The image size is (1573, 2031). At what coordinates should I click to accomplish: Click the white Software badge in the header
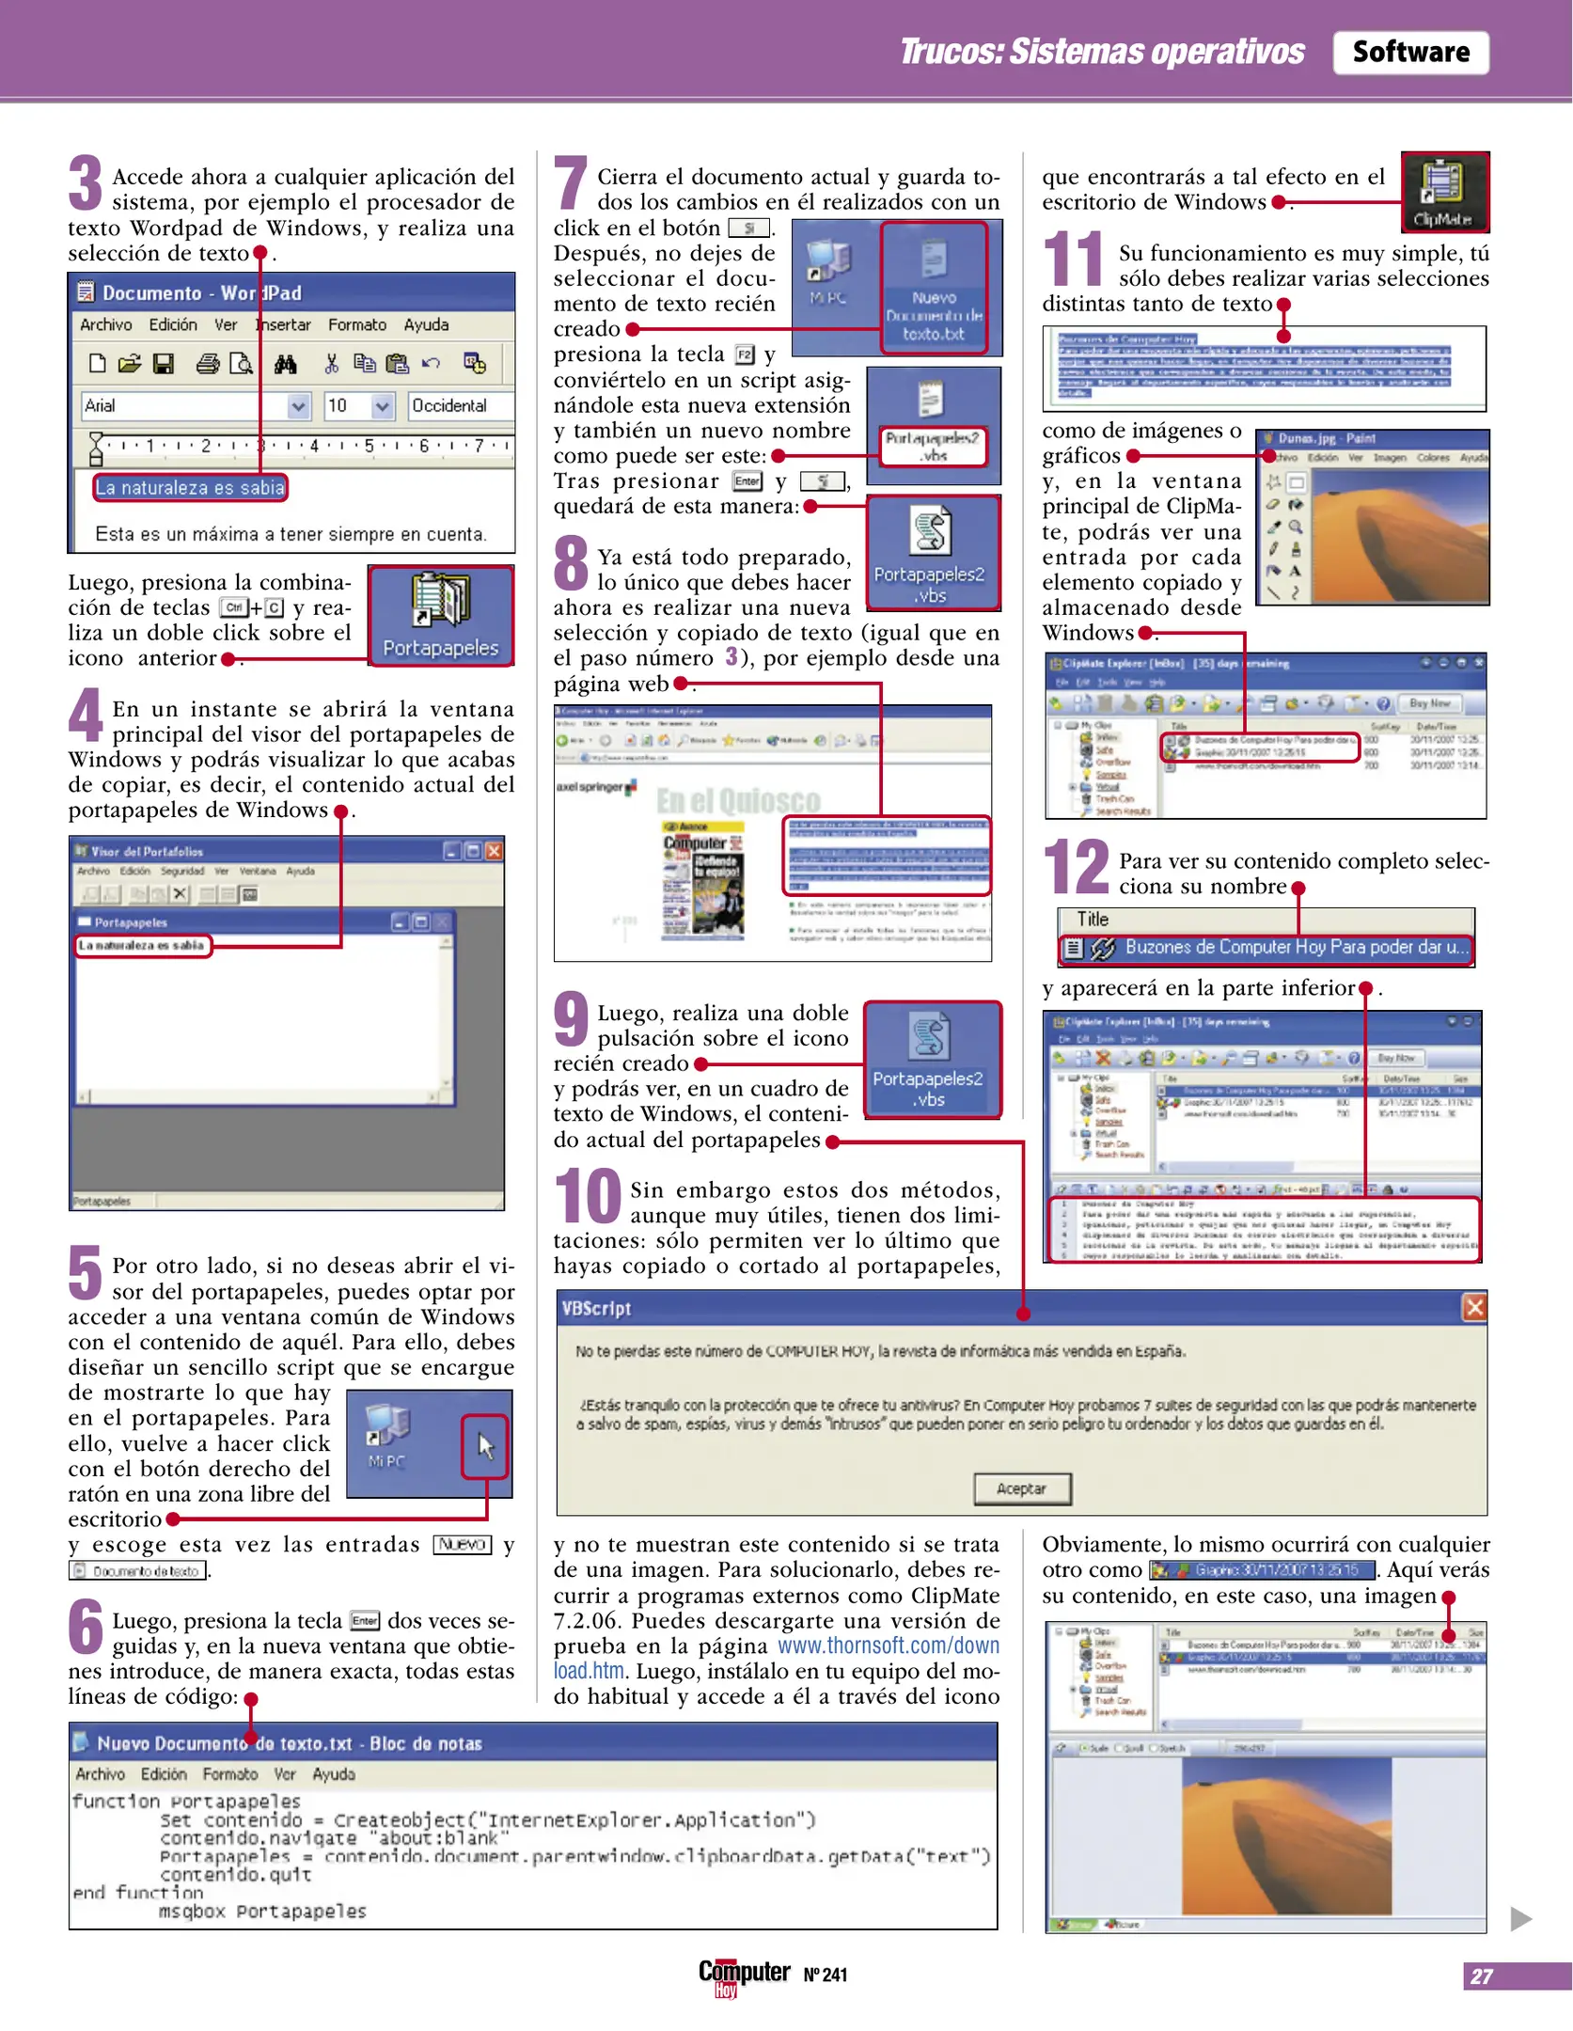click(x=1409, y=52)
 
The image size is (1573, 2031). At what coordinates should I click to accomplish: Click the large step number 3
click(x=86, y=184)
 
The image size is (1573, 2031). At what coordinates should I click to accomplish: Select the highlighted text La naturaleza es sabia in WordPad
click(x=190, y=488)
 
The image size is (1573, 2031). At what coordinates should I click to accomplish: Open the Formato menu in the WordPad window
click(x=356, y=324)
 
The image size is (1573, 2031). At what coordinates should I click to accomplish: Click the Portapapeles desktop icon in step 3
click(x=440, y=615)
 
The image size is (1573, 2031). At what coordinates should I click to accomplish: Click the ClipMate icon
click(x=1443, y=192)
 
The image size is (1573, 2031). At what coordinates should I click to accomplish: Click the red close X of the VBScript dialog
click(x=1473, y=1307)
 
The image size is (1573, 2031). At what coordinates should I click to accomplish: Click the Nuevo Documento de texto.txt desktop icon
click(x=933, y=288)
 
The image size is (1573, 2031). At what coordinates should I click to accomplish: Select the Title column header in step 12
click(x=1093, y=920)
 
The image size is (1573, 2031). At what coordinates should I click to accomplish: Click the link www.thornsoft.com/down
click(x=888, y=1645)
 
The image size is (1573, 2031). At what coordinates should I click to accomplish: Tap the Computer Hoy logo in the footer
click(x=743, y=1975)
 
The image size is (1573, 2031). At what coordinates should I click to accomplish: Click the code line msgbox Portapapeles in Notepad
click(x=262, y=1912)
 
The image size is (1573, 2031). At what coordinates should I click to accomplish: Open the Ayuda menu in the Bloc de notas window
click(x=333, y=1774)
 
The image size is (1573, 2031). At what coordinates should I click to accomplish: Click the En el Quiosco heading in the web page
click(x=738, y=801)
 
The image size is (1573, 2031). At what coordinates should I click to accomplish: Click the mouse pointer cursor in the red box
click(x=485, y=1445)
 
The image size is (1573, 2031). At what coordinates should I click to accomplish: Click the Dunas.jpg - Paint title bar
click(x=1371, y=438)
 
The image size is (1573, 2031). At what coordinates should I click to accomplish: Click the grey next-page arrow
click(x=1520, y=1919)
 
